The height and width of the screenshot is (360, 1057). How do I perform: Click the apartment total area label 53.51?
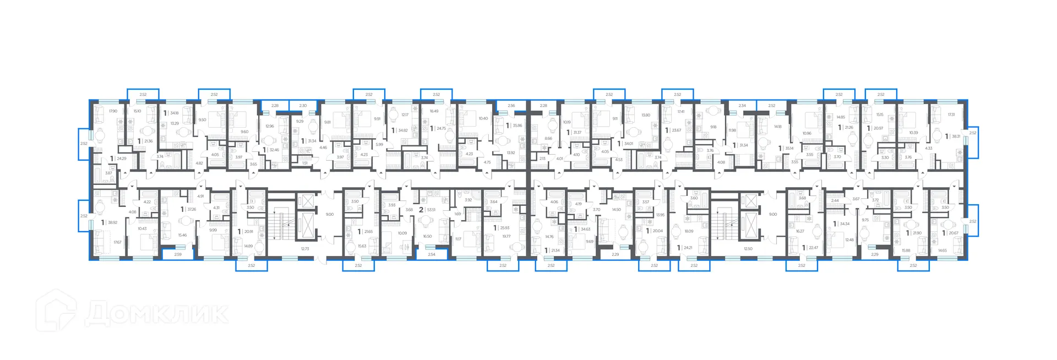pos(431,210)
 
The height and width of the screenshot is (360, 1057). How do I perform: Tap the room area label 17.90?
pos(113,111)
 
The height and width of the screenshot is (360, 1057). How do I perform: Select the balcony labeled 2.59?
pos(178,254)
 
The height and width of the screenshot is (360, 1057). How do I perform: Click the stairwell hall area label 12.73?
pos(305,249)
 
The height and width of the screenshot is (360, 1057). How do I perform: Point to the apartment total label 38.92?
pos(112,223)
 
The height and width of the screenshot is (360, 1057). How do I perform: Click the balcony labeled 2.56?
pos(511,106)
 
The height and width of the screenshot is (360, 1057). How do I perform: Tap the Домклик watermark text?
pos(157,314)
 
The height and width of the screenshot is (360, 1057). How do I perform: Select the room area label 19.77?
pos(506,236)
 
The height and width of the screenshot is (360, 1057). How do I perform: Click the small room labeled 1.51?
pos(304,163)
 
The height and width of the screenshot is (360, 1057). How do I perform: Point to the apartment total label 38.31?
pos(956,137)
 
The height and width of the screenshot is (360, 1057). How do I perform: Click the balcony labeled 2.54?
pos(431,254)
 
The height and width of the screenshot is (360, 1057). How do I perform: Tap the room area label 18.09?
pos(689,231)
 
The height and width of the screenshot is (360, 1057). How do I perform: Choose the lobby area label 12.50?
pos(748,249)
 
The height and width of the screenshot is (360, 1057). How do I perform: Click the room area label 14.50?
pos(616,210)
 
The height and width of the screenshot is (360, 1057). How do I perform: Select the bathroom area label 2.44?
pos(835,201)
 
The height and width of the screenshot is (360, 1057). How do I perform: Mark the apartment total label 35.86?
pos(517,126)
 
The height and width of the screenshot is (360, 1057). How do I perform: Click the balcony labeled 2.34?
pos(742,106)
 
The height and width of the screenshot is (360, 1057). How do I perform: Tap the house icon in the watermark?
pos(57,312)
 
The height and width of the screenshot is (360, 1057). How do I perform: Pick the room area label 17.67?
pos(117,242)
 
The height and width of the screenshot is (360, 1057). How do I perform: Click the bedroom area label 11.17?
pos(458,239)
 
